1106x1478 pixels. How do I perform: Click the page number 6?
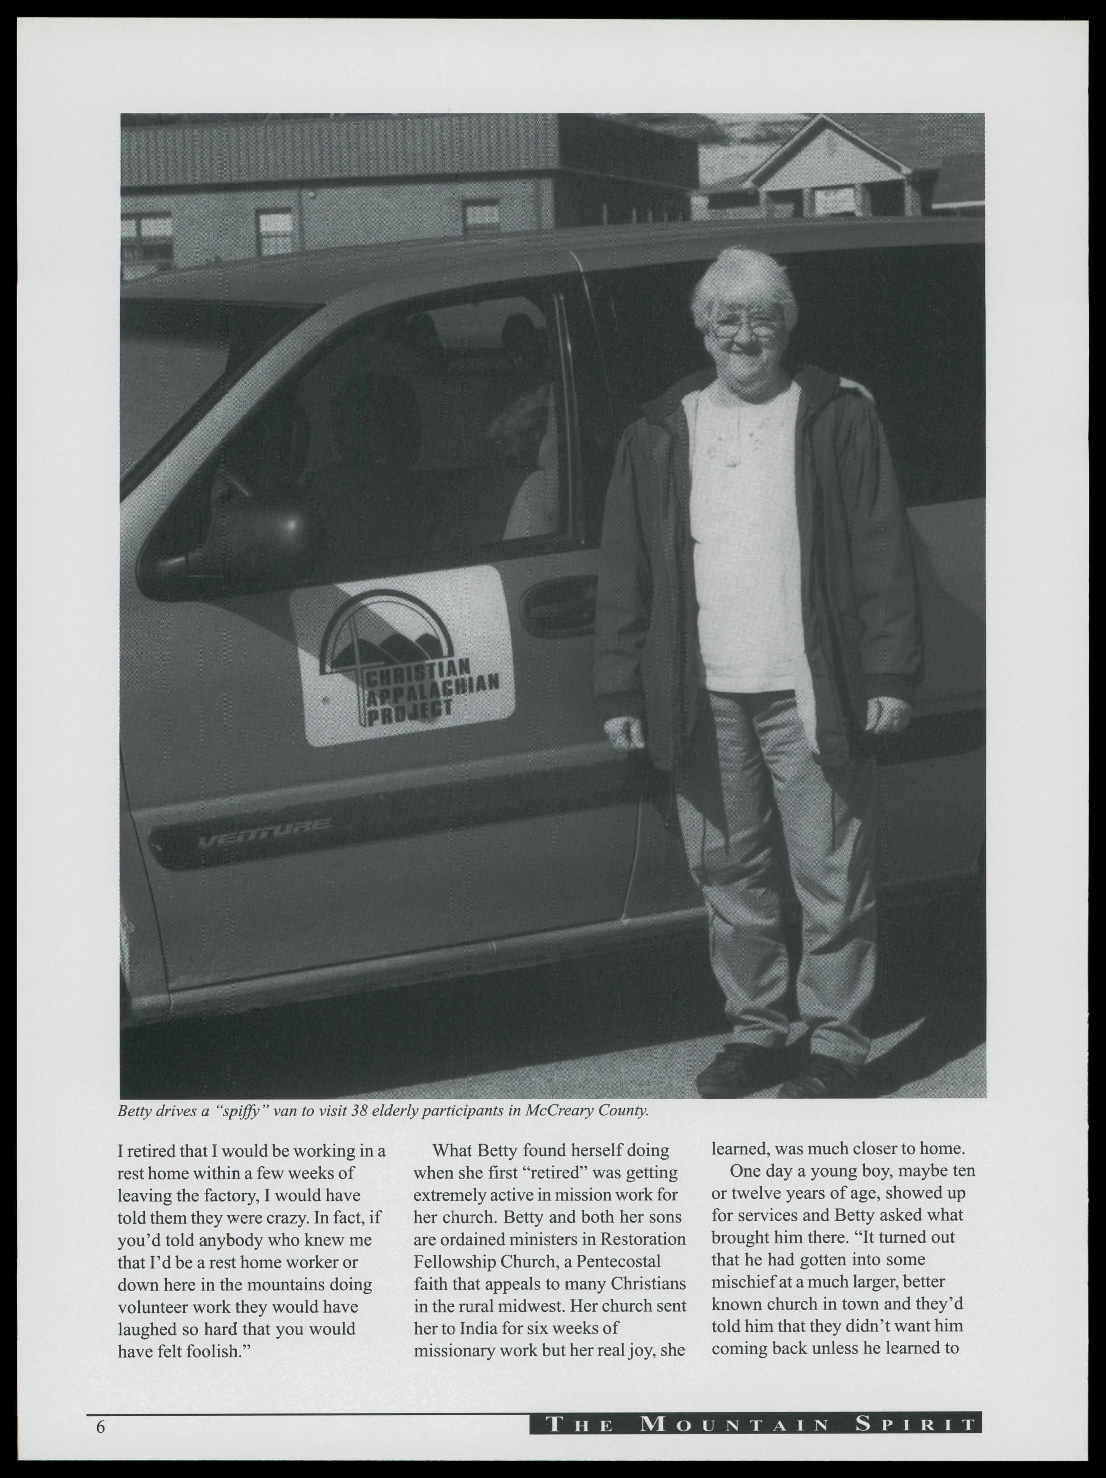tap(101, 1426)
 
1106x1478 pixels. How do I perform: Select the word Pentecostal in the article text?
tap(618, 1261)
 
